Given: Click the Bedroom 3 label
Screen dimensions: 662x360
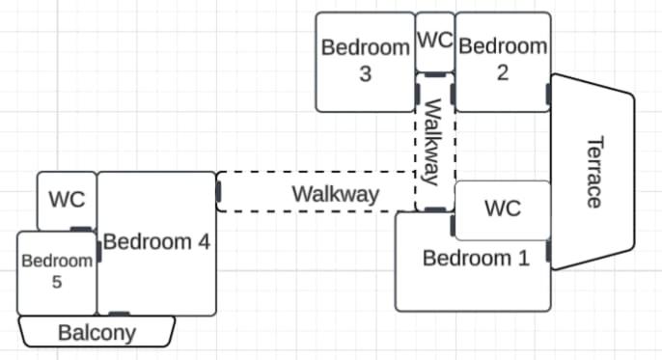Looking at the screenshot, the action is (366, 61).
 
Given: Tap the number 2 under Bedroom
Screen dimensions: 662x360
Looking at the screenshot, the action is (503, 73).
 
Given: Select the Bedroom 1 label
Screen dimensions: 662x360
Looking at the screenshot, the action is (476, 258).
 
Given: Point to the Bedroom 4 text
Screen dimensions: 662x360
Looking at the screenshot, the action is (156, 242).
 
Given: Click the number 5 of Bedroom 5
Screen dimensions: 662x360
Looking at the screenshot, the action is (57, 282).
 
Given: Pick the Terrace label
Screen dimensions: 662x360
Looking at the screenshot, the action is (595, 172).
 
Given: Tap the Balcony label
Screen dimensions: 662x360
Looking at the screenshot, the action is (97, 333).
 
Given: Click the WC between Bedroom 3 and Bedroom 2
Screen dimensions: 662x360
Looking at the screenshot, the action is (435, 41).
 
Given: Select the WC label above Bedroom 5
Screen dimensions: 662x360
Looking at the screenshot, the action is (67, 199).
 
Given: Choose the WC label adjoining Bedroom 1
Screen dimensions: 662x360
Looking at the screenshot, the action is (503, 208).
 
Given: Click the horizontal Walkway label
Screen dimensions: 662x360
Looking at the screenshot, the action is (336, 194).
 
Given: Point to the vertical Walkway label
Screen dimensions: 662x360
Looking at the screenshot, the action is (433, 142).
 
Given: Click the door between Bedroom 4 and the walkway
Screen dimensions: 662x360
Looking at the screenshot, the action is (218, 192).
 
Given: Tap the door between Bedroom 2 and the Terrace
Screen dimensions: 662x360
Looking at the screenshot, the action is (548, 95).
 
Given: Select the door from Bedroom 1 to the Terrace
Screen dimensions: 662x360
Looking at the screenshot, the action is (548, 251).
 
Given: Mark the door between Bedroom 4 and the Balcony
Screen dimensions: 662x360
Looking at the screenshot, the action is (119, 314).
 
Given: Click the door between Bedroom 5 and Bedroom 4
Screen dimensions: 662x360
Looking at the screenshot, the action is (99, 252).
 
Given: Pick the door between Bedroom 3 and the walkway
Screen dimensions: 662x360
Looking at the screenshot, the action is (417, 94).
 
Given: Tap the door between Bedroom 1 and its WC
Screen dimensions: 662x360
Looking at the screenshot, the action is (453, 226).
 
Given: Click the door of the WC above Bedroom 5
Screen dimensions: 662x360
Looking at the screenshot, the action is (81, 229).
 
